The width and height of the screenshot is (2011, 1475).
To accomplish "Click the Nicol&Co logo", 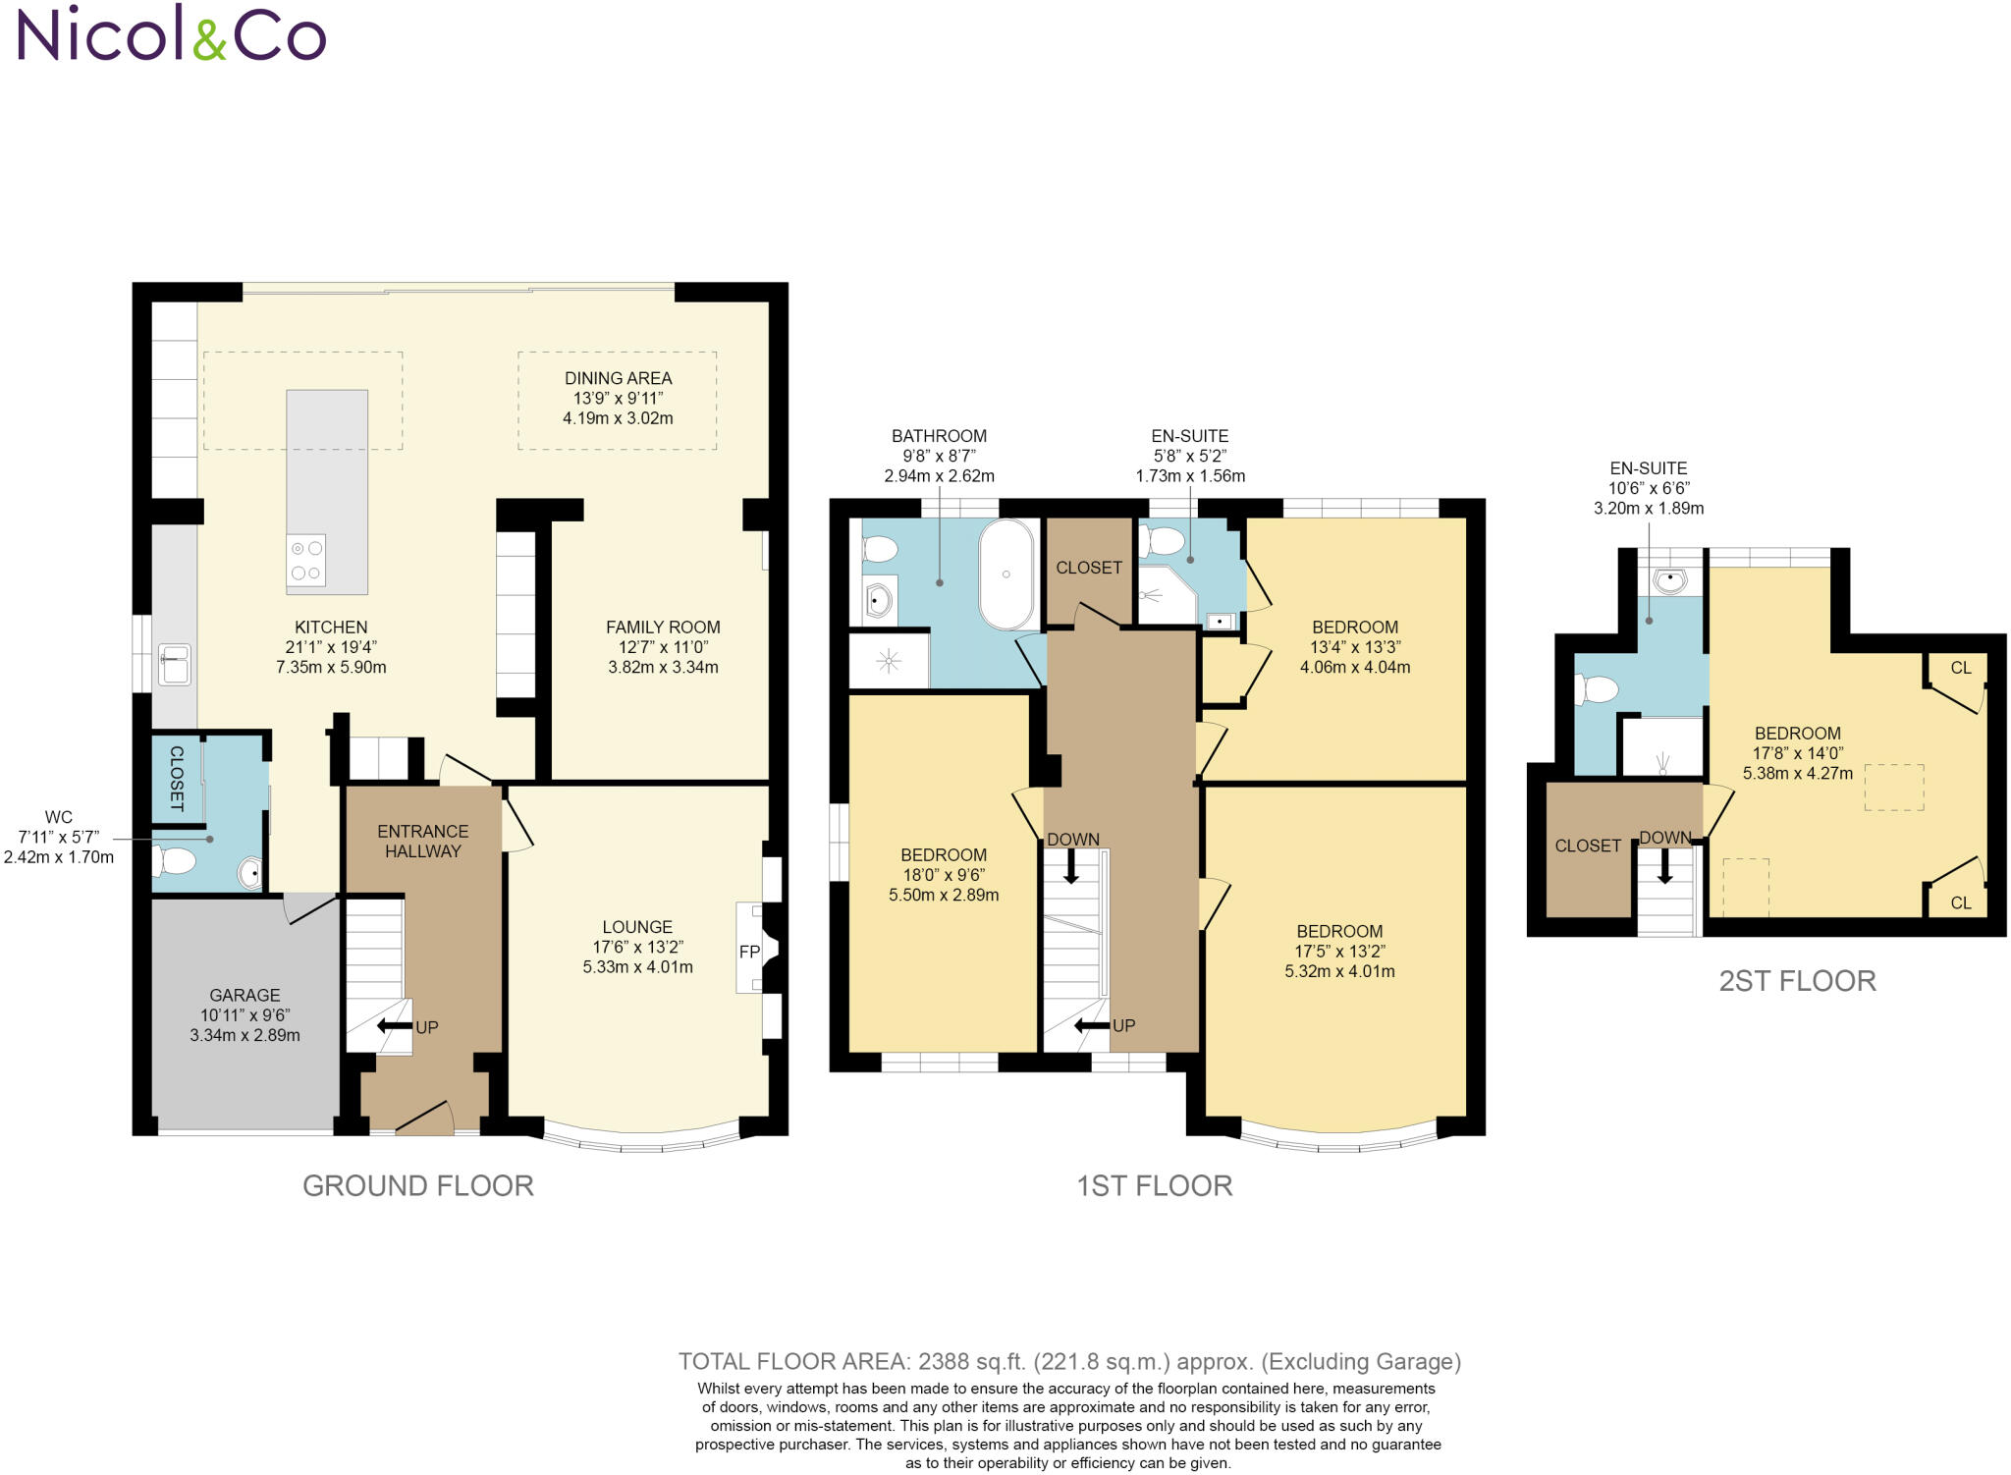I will pos(172,33).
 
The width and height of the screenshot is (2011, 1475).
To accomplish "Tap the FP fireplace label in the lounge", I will pos(749,952).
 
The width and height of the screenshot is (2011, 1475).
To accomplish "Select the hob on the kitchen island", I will pos(306,561).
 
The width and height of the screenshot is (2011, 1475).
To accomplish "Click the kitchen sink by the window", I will pos(175,665).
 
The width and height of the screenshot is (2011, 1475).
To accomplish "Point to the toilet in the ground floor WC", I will pos(175,862).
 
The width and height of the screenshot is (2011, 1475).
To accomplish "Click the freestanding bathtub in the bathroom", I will pos(1006,574).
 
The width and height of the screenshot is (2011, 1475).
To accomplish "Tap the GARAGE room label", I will pos(245,995).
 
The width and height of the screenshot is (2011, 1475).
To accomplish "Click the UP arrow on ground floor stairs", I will pos(395,1026).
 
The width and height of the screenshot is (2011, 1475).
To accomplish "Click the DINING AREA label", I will pos(618,378).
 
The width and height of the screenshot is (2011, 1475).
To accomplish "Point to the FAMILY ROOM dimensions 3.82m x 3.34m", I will pos(663,668).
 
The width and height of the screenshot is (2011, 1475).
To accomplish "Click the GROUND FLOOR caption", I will pos(418,1185).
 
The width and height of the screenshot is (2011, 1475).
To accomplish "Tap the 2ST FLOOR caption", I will pos(1797,980).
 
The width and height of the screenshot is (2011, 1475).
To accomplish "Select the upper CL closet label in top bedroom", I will pos(1960,668).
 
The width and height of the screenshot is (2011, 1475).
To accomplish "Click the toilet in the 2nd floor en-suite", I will pos(1595,690).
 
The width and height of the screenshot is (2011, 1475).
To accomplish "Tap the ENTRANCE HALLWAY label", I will pos(422,841).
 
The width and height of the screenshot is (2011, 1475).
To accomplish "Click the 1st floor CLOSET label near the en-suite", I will pos(1088,568).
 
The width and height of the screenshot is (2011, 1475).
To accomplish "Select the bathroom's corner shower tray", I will pos(889,661).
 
